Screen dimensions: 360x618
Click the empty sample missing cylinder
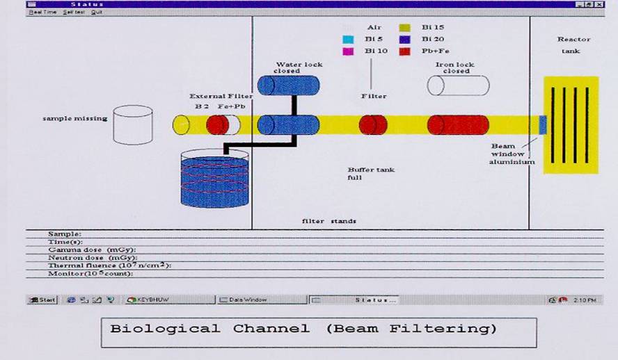(132, 126)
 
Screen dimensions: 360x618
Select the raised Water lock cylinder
(288, 85)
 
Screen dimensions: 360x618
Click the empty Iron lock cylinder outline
(457, 85)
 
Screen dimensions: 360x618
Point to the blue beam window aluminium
(543, 124)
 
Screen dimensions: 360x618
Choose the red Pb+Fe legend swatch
(404, 51)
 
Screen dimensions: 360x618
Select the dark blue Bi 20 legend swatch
(404, 39)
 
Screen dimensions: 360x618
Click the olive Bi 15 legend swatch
(404, 27)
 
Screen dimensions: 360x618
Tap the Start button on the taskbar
(42, 300)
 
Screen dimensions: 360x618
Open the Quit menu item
(96, 12)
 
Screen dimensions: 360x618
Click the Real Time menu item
(42, 12)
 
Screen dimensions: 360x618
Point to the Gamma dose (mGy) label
(91, 249)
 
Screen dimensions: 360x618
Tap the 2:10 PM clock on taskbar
(583, 300)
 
